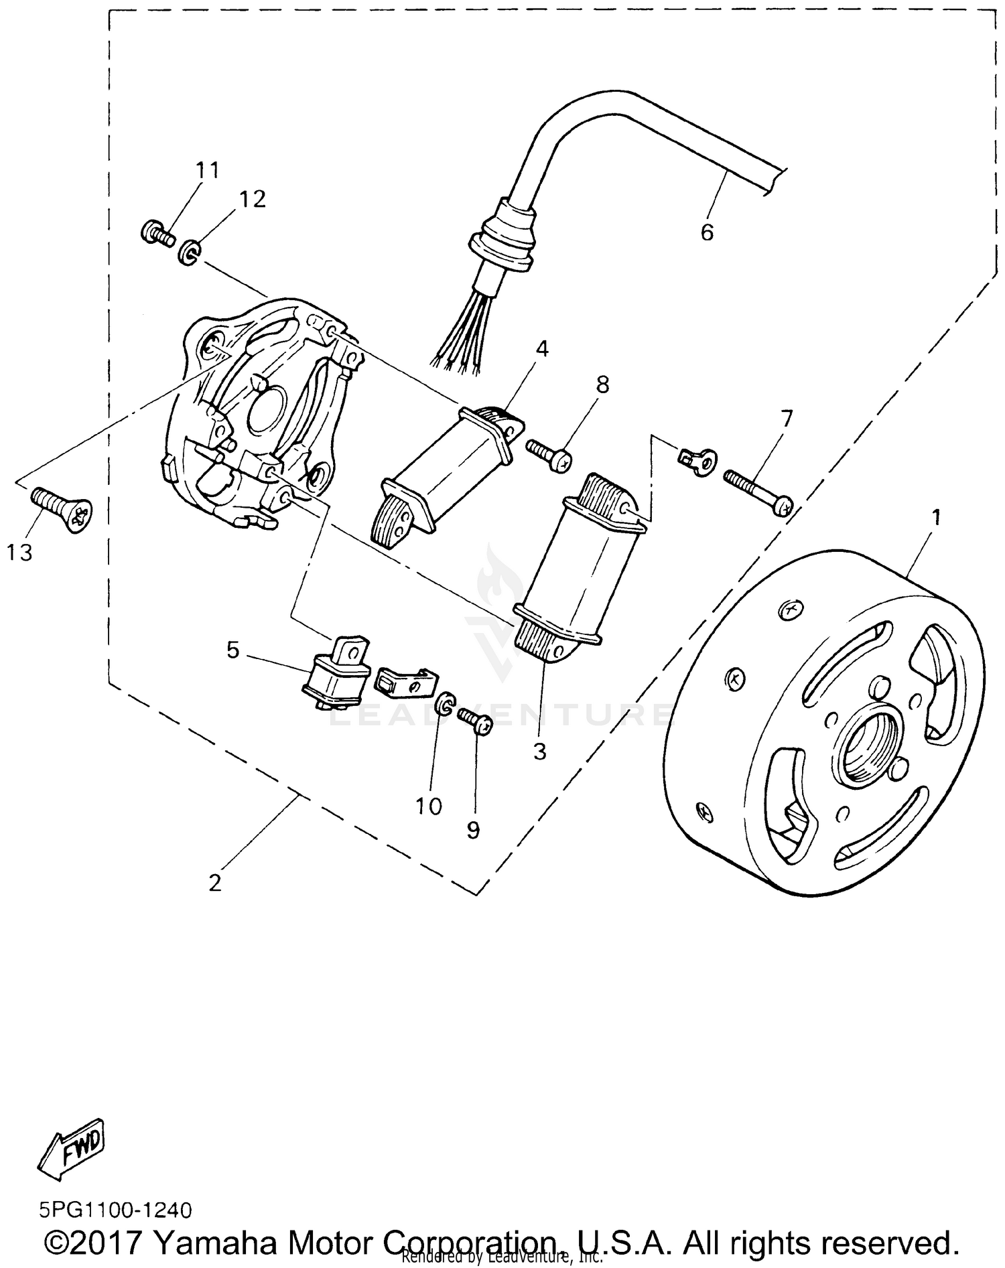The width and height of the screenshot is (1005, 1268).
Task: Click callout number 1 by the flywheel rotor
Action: click(x=936, y=517)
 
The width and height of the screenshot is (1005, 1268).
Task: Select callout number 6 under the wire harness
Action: click(x=707, y=232)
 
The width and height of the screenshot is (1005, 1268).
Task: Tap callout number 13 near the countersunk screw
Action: click(x=20, y=553)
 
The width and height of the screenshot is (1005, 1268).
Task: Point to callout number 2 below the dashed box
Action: click(x=214, y=883)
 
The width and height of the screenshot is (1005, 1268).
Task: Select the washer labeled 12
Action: click(x=189, y=253)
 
